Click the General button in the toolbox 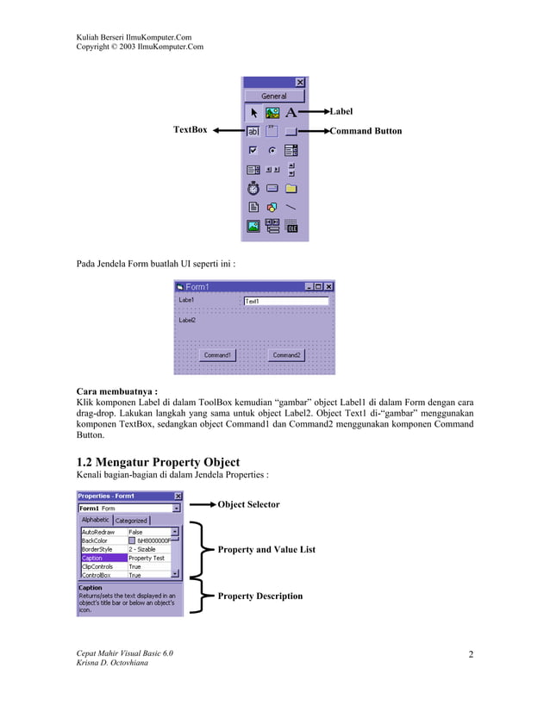pyautogui.click(x=274, y=96)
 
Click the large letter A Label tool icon pyautogui.click(x=291, y=112)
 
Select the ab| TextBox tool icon pyautogui.click(x=253, y=132)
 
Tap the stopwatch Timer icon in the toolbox pyautogui.click(x=253, y=188)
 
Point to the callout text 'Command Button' pyautogui.click(x=366, y=131)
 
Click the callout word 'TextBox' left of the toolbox pyautogui.click(x=191, y=129)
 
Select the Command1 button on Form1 pyautogui.click(x=217, y=354)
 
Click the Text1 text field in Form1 pyautogui.click(x=285, y=301)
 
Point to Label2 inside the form pyautogui.click(x=187, y=320)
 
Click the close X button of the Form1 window pyautogui.click(x=328, y=286)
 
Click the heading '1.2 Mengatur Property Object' pyautogui.click(x=159, y=462)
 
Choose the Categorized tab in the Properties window pyautogui.click(x=131, y=521)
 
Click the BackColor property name pyautogui.click(x=96, y=540)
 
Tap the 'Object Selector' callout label pyautogui.click(x=248, y=504)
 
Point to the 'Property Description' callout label pyautogui.click(x=259, y=596)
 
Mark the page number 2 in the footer pyautogui.click(x=471, y=654)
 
